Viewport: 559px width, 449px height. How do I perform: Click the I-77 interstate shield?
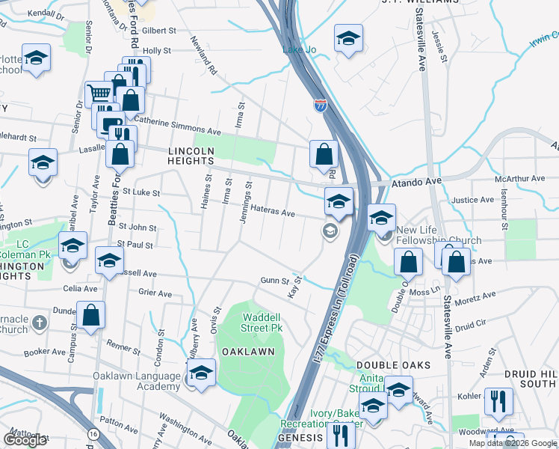pyautogui.click(x=320, y=106)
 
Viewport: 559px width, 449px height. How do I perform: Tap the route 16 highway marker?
pyautogui.click(x=93, y=433)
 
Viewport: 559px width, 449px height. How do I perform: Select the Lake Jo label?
pyautogui.click(x=297, y=49)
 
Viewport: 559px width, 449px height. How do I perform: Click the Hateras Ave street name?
pyautogui.click(x=272, y=212)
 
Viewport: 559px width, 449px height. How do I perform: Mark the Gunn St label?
pyautogui.click(x=274, y=280)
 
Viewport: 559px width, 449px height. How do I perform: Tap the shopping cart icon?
pyautogui.click(x=99, y=94)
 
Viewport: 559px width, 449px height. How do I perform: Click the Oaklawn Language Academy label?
pyautogui.click(x=137, y=381)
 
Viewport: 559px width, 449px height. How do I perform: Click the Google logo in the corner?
pyautogui.click(x=25, y=440)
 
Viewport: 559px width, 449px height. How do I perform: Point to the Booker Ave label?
pyautogui.click(x=44, y=352)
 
